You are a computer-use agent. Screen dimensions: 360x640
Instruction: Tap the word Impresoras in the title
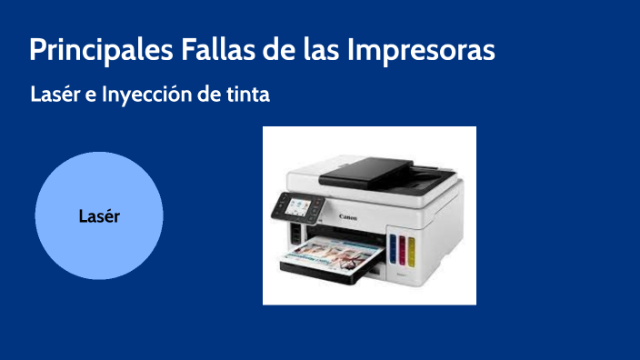[420, 49]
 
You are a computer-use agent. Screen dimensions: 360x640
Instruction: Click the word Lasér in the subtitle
[55, 94]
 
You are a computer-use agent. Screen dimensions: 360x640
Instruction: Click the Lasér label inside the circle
[99, 216]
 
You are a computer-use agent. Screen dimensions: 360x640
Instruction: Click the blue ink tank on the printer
[393, 246]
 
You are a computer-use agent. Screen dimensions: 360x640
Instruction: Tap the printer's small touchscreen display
[297, 208]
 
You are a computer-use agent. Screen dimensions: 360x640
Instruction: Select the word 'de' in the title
[274, 49]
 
